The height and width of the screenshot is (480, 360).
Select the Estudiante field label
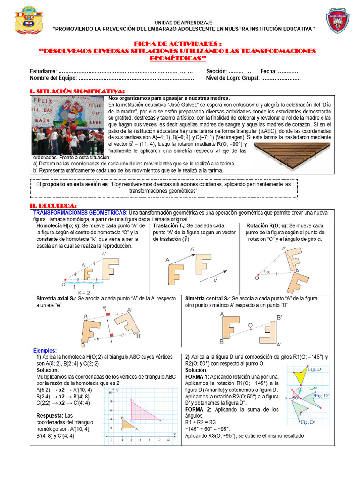(x=43, y=71)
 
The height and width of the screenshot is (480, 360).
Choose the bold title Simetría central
(x=208, y=298)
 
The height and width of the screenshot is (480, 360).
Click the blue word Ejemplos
(x=45, y=350)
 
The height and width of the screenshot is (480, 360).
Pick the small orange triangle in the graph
(x=127, y=423)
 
